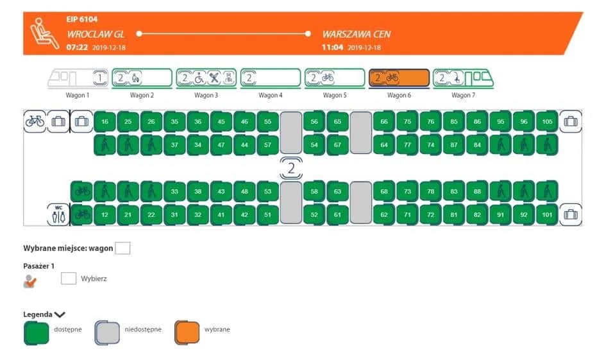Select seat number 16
pos(105,122)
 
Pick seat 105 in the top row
pos(547,122)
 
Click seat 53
pos(268,191)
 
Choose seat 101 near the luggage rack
pos(547,214)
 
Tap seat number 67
pos(338,144)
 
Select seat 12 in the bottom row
pos(105,214)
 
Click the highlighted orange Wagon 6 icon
pos(398,78)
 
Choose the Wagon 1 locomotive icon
pos(77,78)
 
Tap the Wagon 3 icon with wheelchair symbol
pos(206,78)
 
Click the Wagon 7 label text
pos(461,96)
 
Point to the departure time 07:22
pos(77,47)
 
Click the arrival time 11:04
pos(333,47)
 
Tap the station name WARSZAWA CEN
pos(357,33)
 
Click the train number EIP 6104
pos(81,19)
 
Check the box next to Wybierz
pos(69,279)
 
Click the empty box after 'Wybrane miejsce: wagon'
pos(122,248)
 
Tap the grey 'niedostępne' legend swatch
pos(107,332)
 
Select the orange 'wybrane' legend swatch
pos(187,332)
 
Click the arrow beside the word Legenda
pos(60,314)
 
